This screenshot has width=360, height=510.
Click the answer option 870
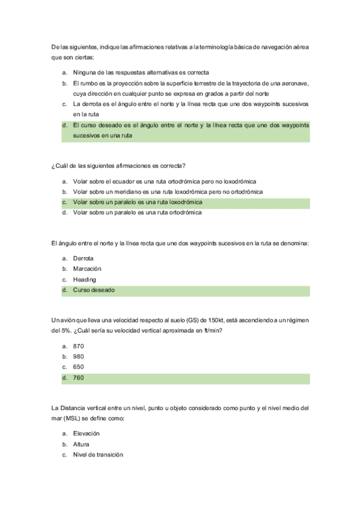tap(78, 346)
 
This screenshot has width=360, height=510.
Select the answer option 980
tap(78, 357)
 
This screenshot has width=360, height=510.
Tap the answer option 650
tap(78, 367)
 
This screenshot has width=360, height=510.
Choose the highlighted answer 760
tap(78, 378)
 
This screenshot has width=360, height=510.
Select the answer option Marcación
tap(87, 269)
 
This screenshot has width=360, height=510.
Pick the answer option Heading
tap(84, 279)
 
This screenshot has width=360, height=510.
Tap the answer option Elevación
tap(86, 434)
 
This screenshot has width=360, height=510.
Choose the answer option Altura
tap(81, 444)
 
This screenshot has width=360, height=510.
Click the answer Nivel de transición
tap(97, 455)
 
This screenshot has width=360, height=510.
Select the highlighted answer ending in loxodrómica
tap(137, 202)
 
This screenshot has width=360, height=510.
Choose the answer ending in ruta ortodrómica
tap(137, 212)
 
